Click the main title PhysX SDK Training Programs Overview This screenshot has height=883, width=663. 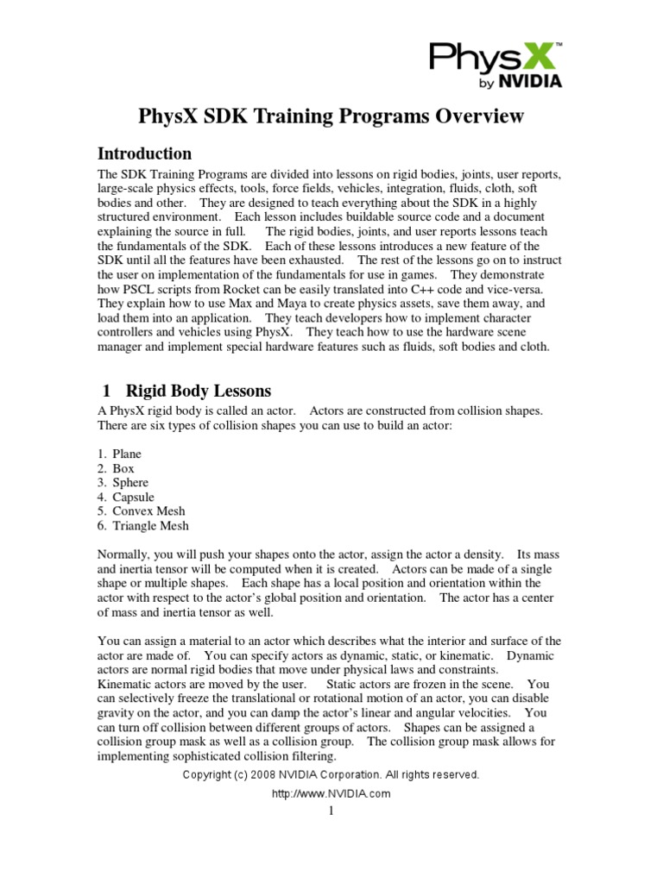pyautogui.click(x=331, y=116)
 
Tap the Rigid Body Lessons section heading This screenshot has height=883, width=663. pyautogui.click(x=199, y=391)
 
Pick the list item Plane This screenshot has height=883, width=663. pyautogui.click(x=127, y=454)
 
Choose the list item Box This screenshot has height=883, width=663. pyautogui.click(x=123, y=468)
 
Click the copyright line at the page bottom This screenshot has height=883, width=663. pyautogui.click(x=331, y=775)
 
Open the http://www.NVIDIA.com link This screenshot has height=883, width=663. pyautogui.click(x=331, y=793)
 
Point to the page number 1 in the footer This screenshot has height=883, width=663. pyautogui.click(x=331, y=811)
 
